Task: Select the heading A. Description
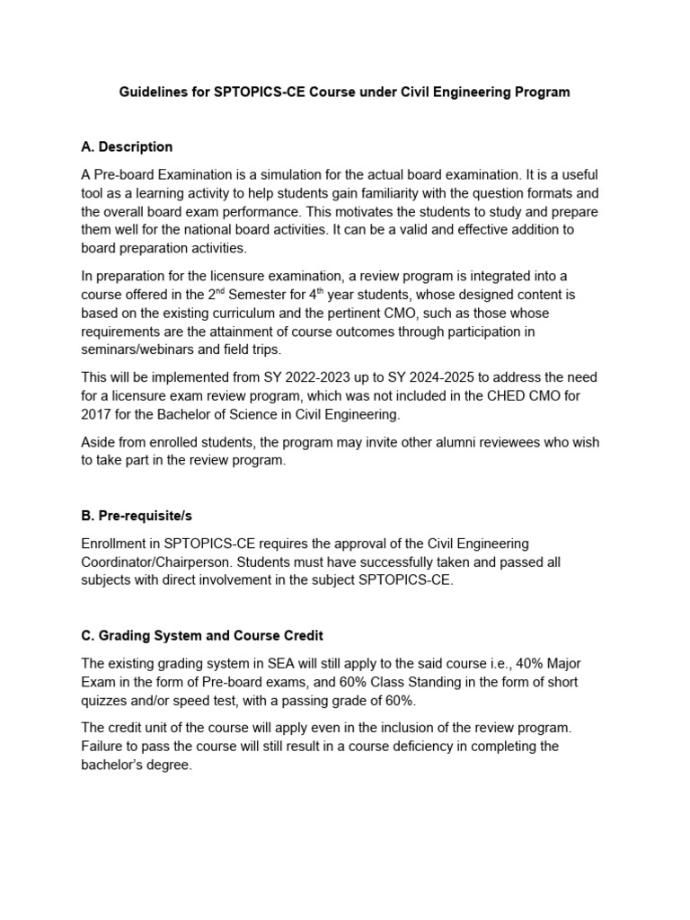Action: coord(127,146)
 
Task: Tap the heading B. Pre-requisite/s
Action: coord(137,517)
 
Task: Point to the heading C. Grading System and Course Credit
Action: coord(203,635)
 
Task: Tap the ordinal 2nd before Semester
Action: coord(237,293)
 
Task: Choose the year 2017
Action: coord(98,414)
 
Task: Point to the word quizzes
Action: coord(107,701)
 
